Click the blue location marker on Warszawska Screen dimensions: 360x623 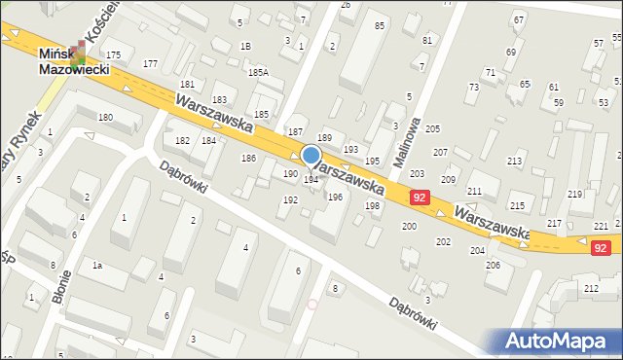(x=311, y=155)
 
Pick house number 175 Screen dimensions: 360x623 (x=114, y=54)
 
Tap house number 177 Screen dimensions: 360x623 (x=150, y=63)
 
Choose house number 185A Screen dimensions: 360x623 (x=257, y=72)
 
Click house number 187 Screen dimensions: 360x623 (x=296, y=131)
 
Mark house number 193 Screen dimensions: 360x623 (x=350, y=149)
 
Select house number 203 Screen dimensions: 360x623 (x=417, y=173)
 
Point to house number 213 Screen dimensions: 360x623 (x=515, y=161)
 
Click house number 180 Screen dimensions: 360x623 (x=105, y=118)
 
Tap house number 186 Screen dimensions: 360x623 (x=248, y=158)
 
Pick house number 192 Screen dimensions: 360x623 (x=290, y=199)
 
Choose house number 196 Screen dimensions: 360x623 (x=335, y=197)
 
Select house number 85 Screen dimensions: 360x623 (x=379, y=24)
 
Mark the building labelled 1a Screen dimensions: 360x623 (x=96, y=265)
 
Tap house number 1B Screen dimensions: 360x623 (x=246, y=46)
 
